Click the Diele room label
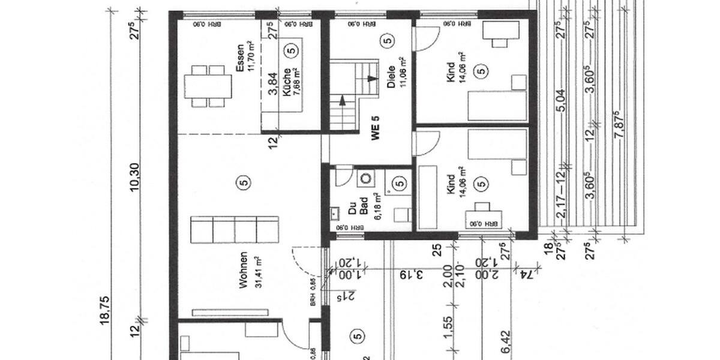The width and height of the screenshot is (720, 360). [391, 77]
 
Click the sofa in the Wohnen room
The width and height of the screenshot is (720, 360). [235, 230]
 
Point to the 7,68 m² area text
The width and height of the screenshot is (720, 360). [296, 82]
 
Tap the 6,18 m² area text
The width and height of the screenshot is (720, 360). [377, 208]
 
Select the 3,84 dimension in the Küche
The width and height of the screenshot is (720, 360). [274, 83]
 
